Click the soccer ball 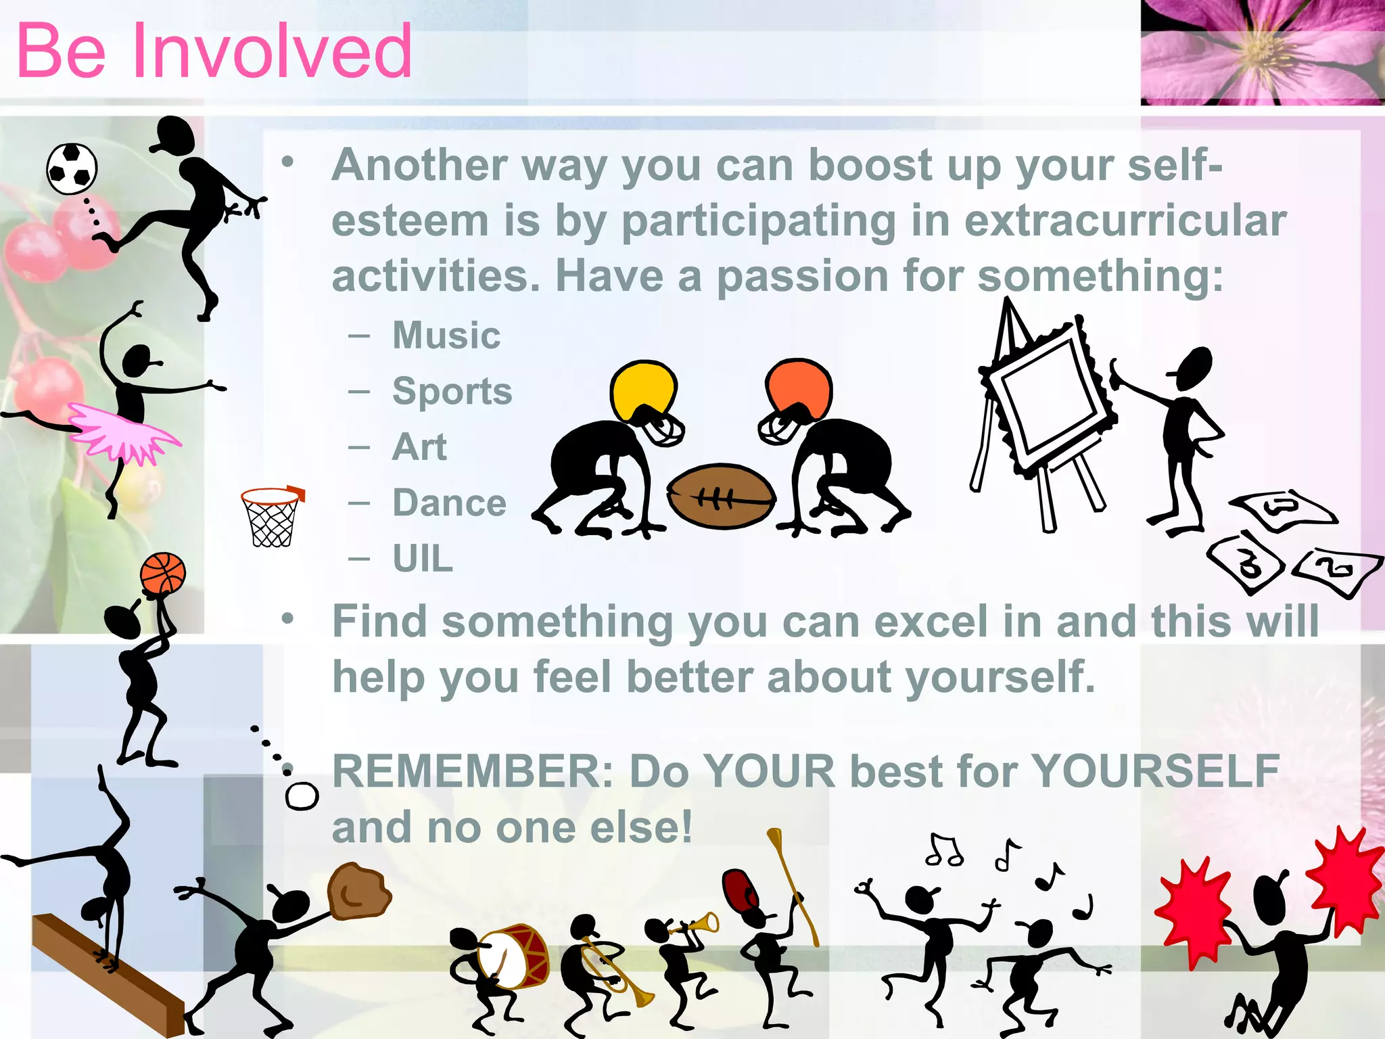[x=72, y=168]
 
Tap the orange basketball [x=162, y=573]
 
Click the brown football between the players [x=722, y=497]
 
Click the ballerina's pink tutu [x=122, y=434]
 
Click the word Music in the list [x=446, y=335]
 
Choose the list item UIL [x=423, y=559]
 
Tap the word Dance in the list [x=449, y=503]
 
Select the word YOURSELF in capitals [x=1156, y=771]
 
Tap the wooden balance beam [x=108, y=974]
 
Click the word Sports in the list [x=452, y=391]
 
